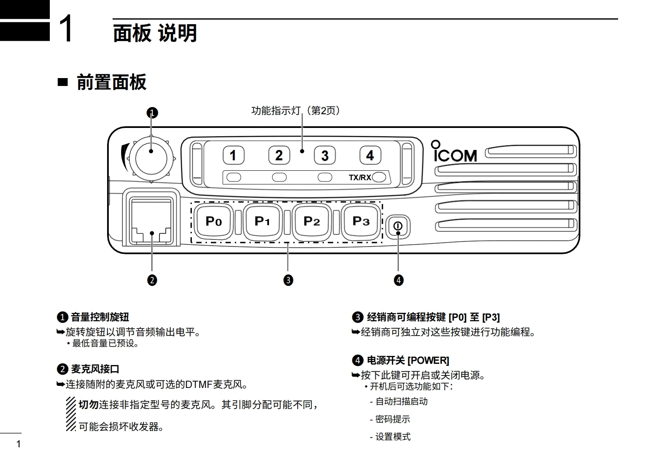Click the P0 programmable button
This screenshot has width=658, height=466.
coord(214,221)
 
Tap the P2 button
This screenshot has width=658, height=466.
coord(312,221)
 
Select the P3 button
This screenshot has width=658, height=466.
coord(361,221)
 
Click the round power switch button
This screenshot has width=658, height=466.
coord(398,226)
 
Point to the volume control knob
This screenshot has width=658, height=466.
coord(151,158)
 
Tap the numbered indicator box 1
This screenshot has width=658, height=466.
coord(233,156)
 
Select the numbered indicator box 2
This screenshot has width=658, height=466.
coord(279,156)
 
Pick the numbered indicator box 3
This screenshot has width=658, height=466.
coord(325,156)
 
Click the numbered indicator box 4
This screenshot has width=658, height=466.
coord(370,156)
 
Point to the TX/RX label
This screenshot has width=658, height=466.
coord(360,178)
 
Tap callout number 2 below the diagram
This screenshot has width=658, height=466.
coord(152,280)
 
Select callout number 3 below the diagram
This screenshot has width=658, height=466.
coord(288,280)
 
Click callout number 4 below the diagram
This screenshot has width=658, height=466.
coord(399,280)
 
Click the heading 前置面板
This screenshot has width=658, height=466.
coord(112,82)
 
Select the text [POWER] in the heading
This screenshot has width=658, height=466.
coord(428,361)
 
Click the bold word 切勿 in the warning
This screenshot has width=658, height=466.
coord(88,405)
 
